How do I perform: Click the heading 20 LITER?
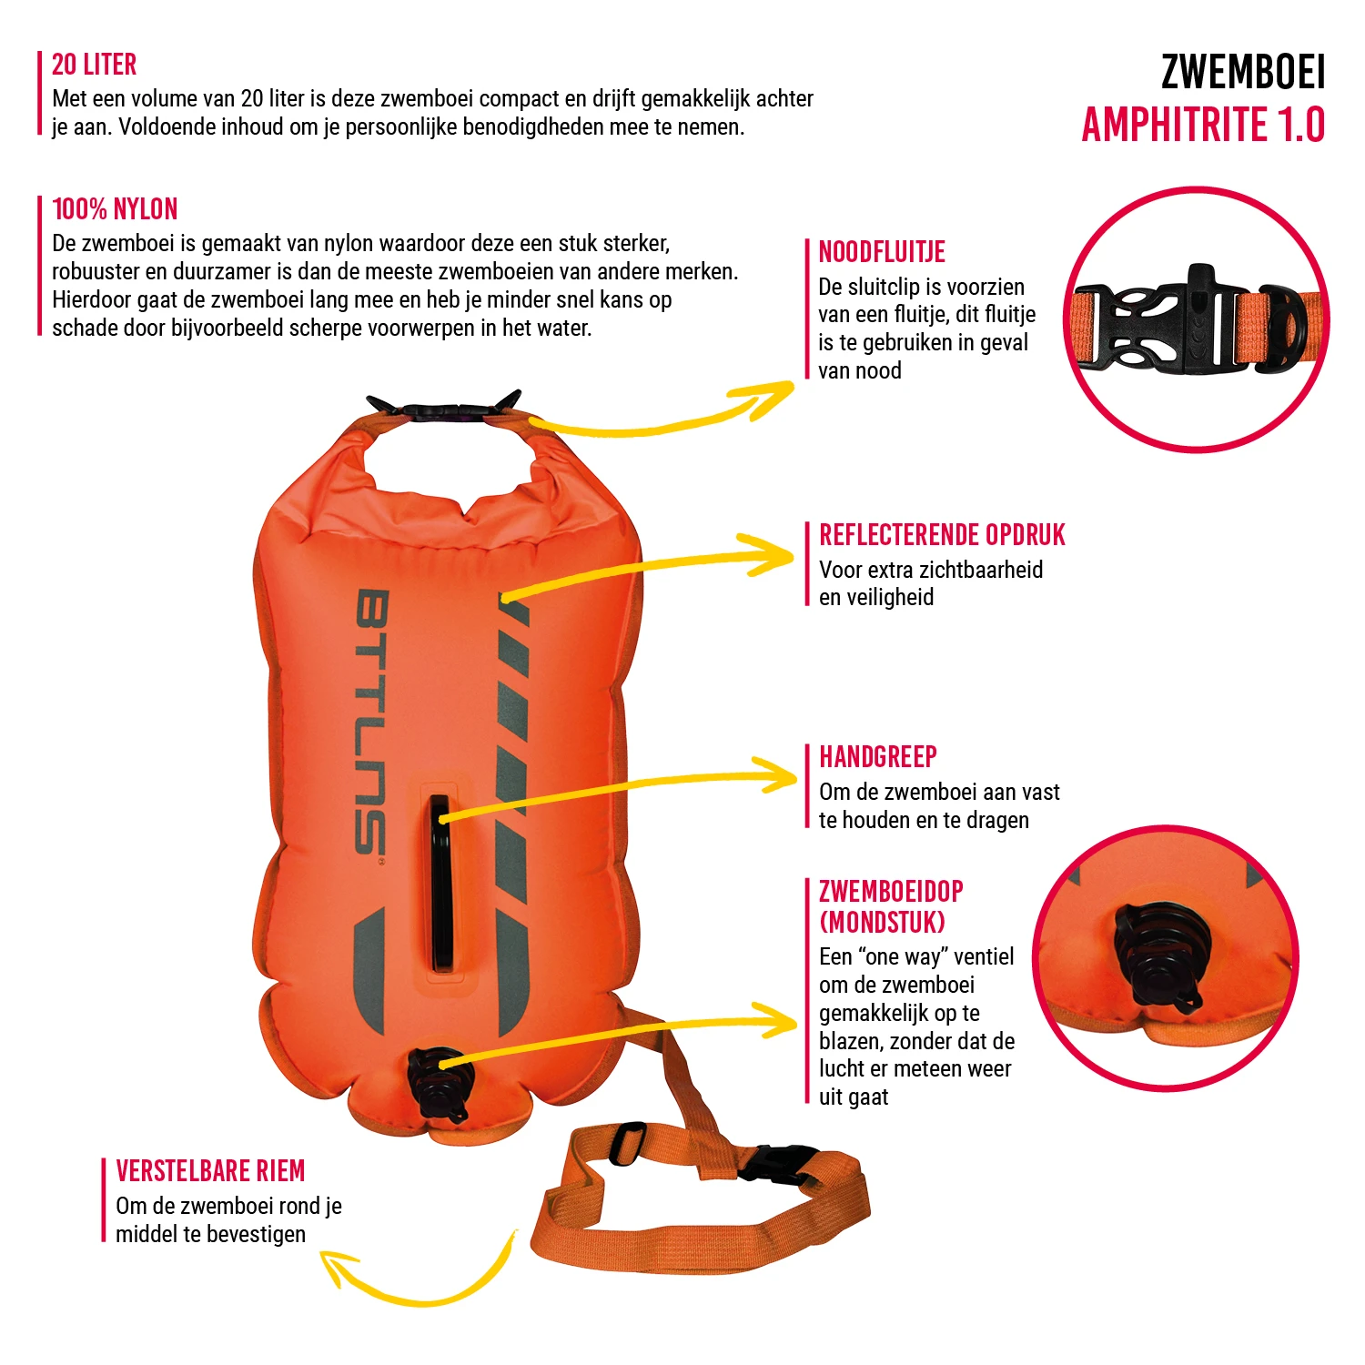click(x=94, y=65)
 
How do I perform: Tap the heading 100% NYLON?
click(x=115, y=209)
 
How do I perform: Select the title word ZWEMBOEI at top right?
click(x=1242, y=73)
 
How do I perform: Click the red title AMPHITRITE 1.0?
click(x=1203, y=125)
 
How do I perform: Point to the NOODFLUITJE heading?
click(x=882, y=252)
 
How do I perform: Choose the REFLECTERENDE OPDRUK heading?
click(x=942, y=535)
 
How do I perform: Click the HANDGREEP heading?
click(x=877, y=757)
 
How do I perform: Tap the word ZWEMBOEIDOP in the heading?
click(x=891, y=892)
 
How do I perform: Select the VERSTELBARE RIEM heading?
click(x=210, y=1171)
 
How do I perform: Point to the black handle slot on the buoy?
click(x=441, y=883)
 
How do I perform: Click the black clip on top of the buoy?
click(x=443, y=409)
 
